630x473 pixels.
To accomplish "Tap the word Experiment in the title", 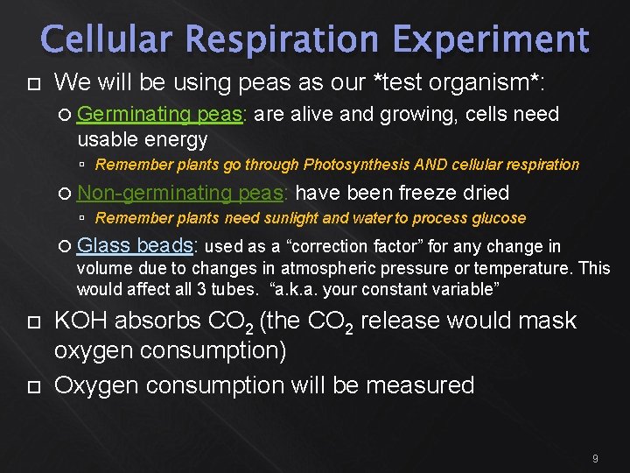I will [x=491, y=40].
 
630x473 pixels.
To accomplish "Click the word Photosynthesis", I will [x=356, y=165].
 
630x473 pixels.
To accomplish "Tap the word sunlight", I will [x=282, y=218].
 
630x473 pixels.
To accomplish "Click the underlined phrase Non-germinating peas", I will [x=180, y=193].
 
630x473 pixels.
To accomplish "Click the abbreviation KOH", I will [x=81, y=321].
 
